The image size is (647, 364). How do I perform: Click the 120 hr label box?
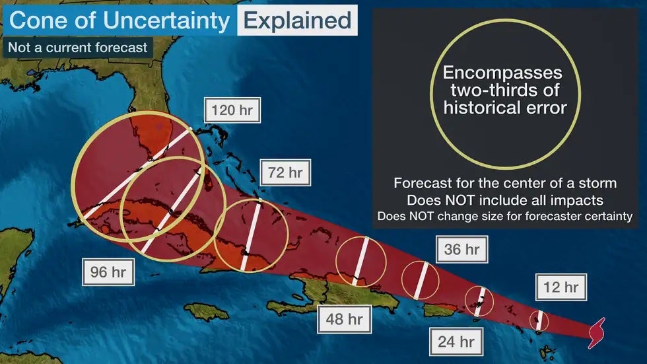pos(232,110)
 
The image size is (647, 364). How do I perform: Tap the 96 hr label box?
pos(108,272)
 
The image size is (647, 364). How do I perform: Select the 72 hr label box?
pos(285,173)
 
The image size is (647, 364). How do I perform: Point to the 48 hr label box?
pos(344,320)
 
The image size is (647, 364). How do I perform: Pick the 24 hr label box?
pos(456,342)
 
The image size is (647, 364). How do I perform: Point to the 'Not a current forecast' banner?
pos(77,48)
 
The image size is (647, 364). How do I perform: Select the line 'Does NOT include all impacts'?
pos(506,200)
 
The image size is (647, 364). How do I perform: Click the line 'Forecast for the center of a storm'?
pos(506,183)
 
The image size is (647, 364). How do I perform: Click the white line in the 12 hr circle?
pos(539,320)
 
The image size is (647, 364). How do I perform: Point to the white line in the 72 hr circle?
pos(252,235)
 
